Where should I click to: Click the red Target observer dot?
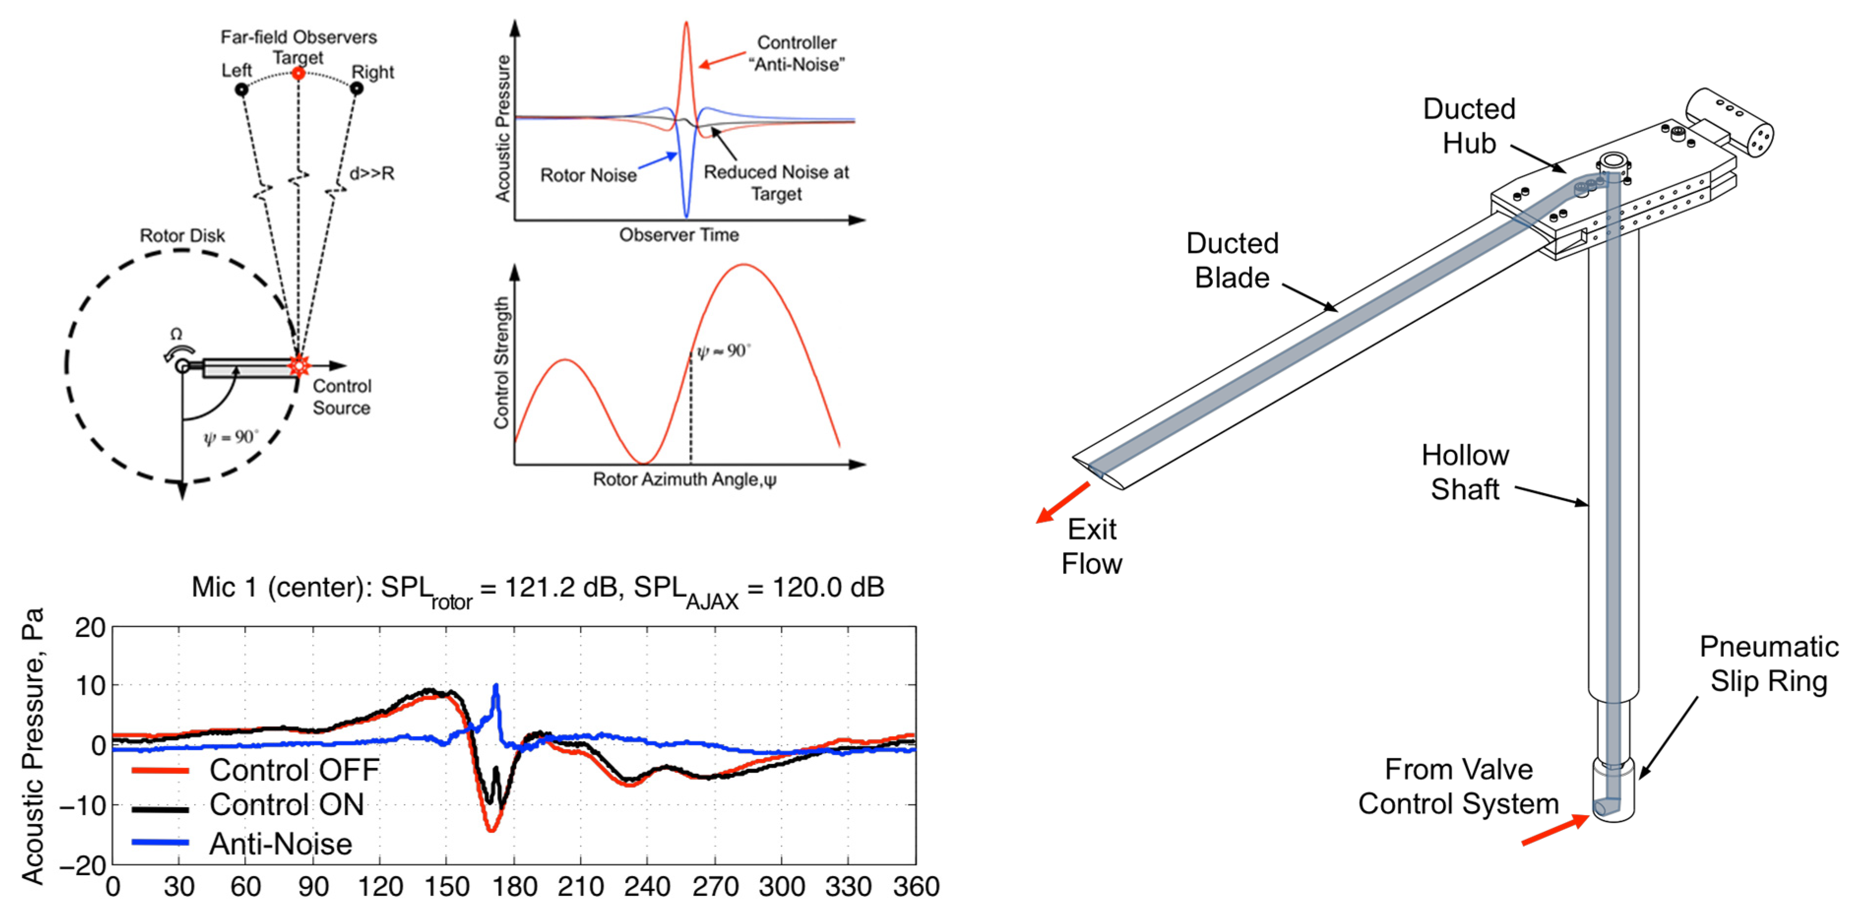298,74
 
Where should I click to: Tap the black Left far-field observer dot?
242,90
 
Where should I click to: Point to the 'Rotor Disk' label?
182,236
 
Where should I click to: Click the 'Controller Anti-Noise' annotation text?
797,53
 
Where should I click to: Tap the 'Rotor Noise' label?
588,175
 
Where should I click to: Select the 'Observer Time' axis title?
679,235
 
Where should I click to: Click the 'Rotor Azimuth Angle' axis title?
684,480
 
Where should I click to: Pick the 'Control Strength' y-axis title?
501,363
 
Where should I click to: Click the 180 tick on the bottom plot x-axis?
514,886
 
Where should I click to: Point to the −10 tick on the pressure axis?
82,805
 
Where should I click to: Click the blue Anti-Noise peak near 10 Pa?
496,688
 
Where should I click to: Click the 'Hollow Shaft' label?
1465,472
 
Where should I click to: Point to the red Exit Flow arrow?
1062,502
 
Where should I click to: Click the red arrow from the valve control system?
1555,830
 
